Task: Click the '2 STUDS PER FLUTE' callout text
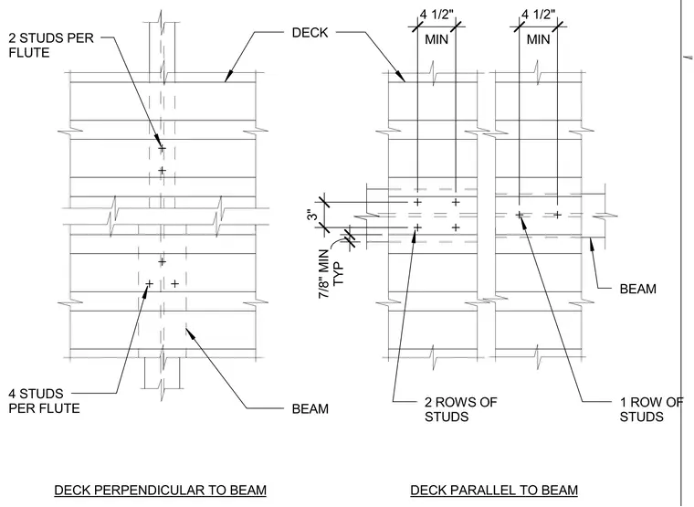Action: pos(51,45)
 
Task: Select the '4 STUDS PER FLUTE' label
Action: pos(44,401)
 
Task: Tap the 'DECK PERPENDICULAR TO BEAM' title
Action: pos(160,491)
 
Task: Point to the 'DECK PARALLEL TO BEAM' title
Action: pos(494,491)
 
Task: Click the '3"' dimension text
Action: pos(312,215)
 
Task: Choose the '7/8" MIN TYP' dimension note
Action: pos(331,274)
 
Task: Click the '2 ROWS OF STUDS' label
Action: pos(461,409)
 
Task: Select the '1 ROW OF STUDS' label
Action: pos(651,409)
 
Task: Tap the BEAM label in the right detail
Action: pos(637,289)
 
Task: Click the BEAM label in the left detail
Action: pos(310,408)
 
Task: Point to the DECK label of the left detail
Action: pos(310,32)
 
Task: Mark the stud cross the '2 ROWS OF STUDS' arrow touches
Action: pos(417,227)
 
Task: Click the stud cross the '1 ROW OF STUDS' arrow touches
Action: pos(520,215)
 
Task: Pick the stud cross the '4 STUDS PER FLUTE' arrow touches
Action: pos(149,283)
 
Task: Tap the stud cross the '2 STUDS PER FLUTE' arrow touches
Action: pos(162,148)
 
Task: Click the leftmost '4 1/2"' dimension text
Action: pos(436,15)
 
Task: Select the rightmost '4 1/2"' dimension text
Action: pos(538,15)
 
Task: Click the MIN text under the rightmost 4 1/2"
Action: pos(538,39)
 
